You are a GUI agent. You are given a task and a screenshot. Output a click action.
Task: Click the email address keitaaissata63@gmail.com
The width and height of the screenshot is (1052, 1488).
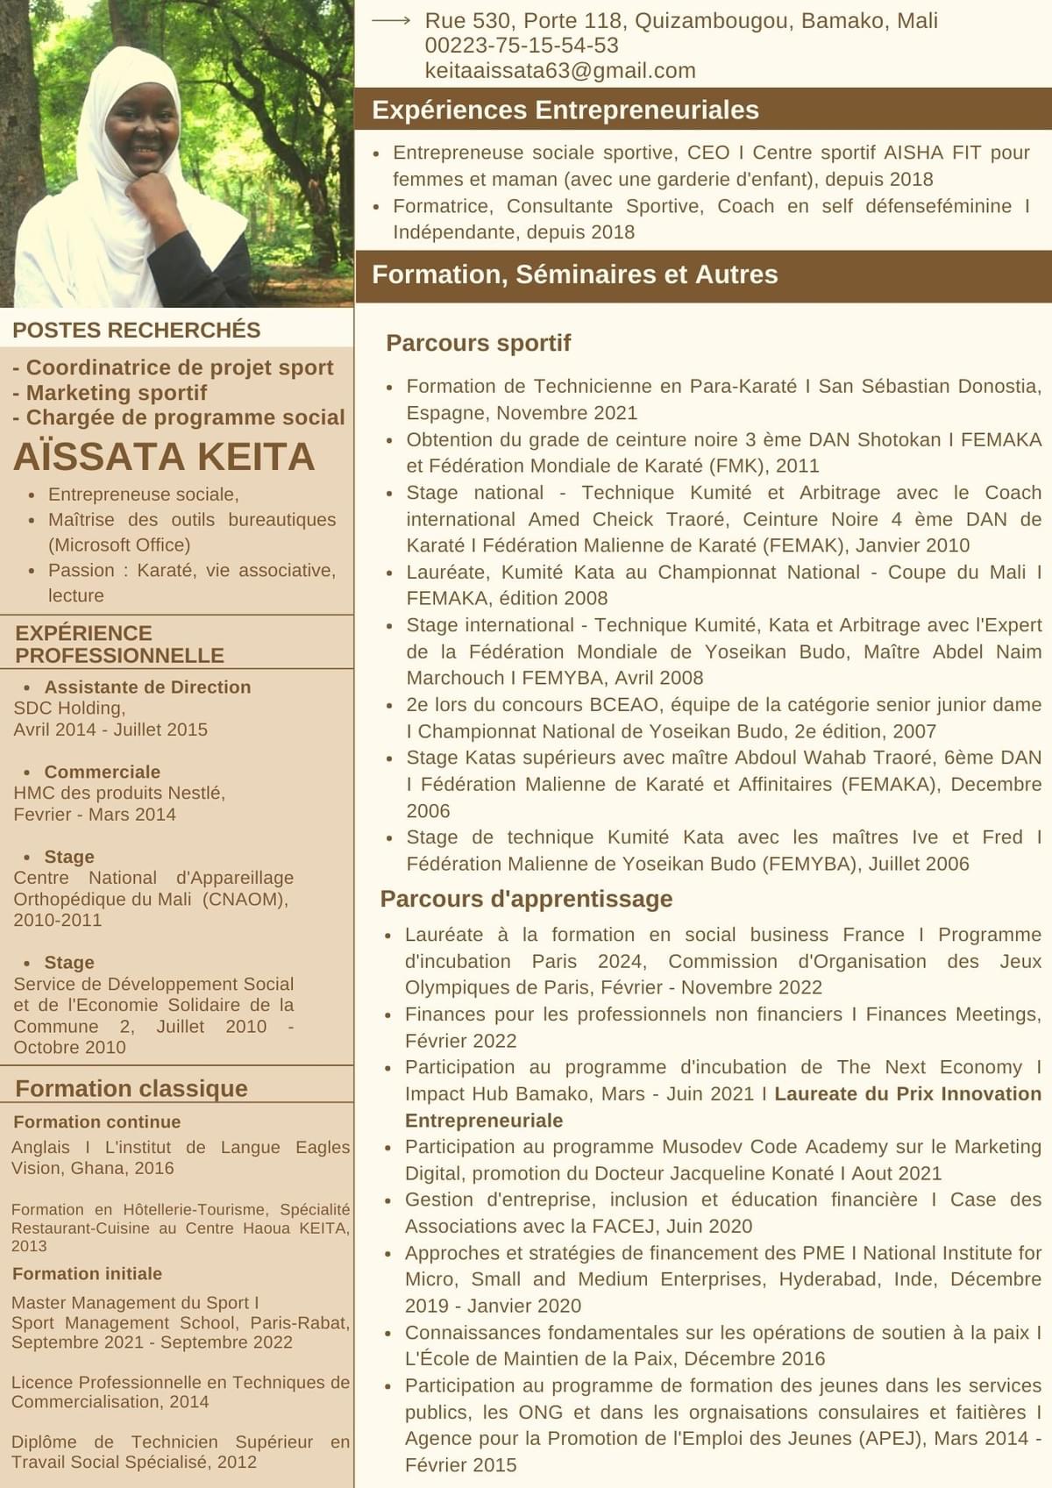(x=559, y=71)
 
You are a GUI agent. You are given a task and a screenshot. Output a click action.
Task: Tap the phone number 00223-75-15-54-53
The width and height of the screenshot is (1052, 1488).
(x=522, y=46)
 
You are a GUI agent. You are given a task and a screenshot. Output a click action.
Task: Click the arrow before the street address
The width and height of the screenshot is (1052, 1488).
(x=391, y=20)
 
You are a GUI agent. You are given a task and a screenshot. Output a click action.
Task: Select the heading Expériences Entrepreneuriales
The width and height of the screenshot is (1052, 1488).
(x=565, y=110)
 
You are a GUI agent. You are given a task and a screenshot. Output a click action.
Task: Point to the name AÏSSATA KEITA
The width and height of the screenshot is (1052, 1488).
(x=164, y=457)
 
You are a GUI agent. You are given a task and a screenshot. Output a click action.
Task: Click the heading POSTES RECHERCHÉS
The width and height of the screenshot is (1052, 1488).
(x=137, y=330)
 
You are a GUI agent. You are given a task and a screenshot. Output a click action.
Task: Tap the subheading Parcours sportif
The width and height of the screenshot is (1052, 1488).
(x=478, y=343)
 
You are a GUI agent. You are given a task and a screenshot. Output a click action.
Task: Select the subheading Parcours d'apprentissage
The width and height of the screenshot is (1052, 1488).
(x=526, y=899)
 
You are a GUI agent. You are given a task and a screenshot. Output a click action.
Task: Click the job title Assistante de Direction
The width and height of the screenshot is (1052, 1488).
(x=147, y=687)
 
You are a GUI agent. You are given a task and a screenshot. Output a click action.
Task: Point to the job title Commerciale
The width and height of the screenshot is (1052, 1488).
(x=102, y=772)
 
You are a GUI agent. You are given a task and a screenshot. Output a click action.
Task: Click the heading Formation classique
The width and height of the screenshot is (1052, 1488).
(x=131, y=1088)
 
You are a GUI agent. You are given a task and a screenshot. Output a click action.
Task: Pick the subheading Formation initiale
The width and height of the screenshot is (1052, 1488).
(x=87, y=1273)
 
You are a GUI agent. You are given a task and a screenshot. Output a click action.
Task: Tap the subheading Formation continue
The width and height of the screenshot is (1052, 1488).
(x=96, y=1121)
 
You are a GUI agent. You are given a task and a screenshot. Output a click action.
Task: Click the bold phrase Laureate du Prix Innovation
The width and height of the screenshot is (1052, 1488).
(x=907, y=1093)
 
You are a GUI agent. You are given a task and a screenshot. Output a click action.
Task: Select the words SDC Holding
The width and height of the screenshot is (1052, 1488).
(x=68, y=708)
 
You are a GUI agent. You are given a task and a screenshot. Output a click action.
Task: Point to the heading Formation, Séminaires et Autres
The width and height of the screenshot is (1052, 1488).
(x=574, y=274)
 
